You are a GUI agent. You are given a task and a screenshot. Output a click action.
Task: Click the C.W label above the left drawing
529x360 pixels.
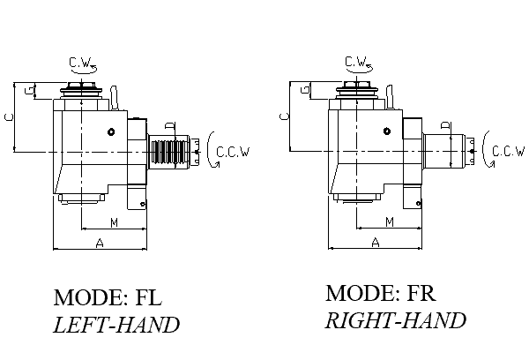(x=81, y=61)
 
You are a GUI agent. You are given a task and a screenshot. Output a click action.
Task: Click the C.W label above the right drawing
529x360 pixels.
(x=356, y=61)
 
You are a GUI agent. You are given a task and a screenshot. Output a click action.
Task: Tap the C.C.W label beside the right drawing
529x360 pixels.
(x=509, y=152)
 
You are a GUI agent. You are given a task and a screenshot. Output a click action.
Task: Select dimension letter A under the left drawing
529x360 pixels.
(x=100, y=241)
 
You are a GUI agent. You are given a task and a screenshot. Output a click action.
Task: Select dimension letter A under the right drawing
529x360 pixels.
(x=375, y=241)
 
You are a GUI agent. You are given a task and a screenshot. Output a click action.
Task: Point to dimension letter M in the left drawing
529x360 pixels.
(x=114, y=221)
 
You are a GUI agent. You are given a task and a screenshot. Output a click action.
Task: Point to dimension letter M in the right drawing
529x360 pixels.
(x=389, y=221)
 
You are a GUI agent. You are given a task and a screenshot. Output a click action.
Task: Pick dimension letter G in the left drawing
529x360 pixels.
(x=30, y=91)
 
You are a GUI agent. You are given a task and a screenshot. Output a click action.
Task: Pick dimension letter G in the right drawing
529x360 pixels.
(x=305, y=91)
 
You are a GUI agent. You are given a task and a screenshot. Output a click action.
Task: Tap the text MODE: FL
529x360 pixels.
(x=109, y=296)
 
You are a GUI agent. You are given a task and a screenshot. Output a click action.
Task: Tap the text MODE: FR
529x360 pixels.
(x=382, y=293)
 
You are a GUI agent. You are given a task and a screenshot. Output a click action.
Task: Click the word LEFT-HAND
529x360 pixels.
(x=116, y=325)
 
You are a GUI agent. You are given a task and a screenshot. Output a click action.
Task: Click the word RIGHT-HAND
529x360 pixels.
(x=396, y=320)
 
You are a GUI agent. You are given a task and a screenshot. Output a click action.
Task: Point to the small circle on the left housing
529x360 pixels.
(x=112, y=132)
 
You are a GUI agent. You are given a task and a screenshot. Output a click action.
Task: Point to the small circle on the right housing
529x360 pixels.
(x=386, y=132)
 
